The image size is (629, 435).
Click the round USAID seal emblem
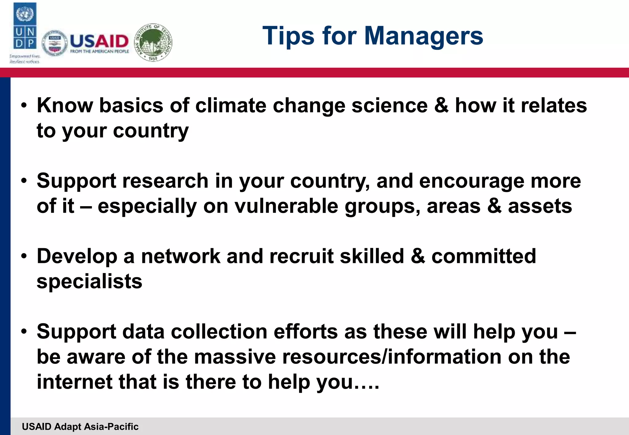tap(54, 43)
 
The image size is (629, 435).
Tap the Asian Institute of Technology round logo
tap(153, 42)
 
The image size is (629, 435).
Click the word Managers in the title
tap(424, 36)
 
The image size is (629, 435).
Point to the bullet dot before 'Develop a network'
tap(24, 256)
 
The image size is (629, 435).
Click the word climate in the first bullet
tap(231, 106)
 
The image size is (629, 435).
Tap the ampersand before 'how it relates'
tap(441, 106)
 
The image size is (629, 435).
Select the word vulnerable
tap(286, 206)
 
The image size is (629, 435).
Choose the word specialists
tap(89, 281)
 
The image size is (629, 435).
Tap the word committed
tap(483, 256)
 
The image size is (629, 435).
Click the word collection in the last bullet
tap(219, 332)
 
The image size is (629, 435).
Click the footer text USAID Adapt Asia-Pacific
tap(80, 426)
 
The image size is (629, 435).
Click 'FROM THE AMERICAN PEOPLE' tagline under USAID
tap(100, 52)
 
